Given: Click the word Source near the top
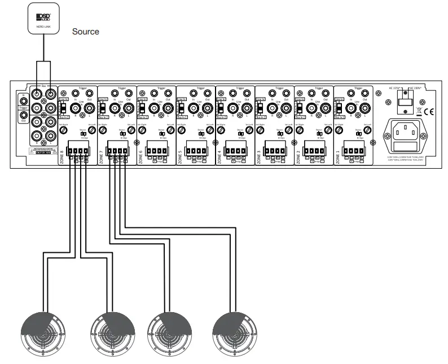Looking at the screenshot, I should tap(86, 32).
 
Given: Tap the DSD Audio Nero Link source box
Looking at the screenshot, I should tap(42, 19).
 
